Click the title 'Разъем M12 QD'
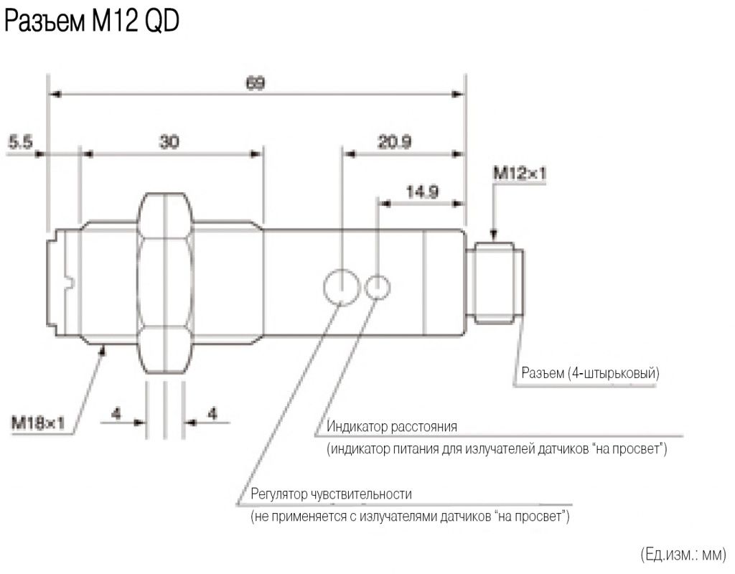point(91,24)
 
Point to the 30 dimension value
point(169,142)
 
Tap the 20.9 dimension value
point(394,142)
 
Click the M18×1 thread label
point(37,423)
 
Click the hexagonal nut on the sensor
point(164,283)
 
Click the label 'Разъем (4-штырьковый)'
point(591,374)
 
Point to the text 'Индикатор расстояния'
point(391,428)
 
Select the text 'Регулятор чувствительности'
point(332,495)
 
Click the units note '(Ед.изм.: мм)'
point(683,554)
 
